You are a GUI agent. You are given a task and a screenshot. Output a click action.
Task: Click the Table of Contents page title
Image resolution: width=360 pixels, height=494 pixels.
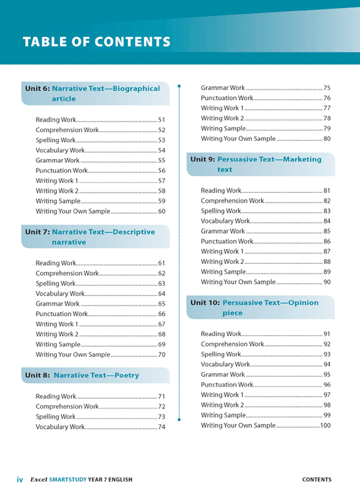pyautogui.click(x=96, y=42)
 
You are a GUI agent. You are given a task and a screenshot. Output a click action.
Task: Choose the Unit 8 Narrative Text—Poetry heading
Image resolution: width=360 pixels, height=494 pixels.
pyautogui.click(x=82, y=375)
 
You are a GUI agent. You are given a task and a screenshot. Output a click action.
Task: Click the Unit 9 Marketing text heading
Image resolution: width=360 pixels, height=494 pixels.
pyautogui.click(x=256, y=164)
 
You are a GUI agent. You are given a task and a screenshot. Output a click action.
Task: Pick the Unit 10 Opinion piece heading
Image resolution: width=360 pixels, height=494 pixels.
pyautogui.click(x=254, y=308)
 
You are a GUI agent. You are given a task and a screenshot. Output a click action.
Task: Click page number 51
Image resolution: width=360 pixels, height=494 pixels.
pyautogui.click(x=161, y=120)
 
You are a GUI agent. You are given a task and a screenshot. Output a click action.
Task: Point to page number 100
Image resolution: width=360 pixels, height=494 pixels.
pyautogui.click(x=325, y=425)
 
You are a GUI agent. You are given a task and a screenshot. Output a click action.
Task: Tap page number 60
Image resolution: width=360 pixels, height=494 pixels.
pyautogui.click(x=161, y=212)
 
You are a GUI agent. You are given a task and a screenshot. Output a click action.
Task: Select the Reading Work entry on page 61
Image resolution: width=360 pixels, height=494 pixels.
pyautogui.click(x=56, y=263)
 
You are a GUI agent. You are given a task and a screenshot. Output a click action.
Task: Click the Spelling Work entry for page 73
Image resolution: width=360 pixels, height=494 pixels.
pyautogui.click(x=56, y=417)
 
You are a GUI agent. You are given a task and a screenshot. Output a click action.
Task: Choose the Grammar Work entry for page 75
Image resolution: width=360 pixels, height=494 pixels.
pyautogui.click(x=223, y=88)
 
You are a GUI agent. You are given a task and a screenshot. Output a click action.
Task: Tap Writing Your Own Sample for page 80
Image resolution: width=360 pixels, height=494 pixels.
pyautogui.click(x=238, y=138)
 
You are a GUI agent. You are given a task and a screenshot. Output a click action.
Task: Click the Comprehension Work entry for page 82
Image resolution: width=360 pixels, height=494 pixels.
pyautogui.click(x=232, y=201)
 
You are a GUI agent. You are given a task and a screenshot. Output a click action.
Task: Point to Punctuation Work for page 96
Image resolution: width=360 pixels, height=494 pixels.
pyautogui.click(x=227, y=385)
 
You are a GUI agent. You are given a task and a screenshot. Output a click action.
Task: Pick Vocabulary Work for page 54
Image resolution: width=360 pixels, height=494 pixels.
pyautogui.click(x=60, y=150)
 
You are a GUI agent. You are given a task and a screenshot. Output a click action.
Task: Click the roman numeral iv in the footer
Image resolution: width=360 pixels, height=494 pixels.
pyautogui.click(x=20, y=480)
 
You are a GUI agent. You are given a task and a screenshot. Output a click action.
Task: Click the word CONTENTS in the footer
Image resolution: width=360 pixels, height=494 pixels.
pyautogui.click(x=317, y=480)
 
